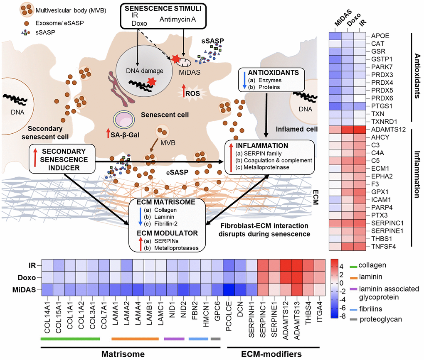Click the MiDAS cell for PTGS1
coord(335,106)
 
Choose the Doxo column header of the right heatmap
coord(347,24)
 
